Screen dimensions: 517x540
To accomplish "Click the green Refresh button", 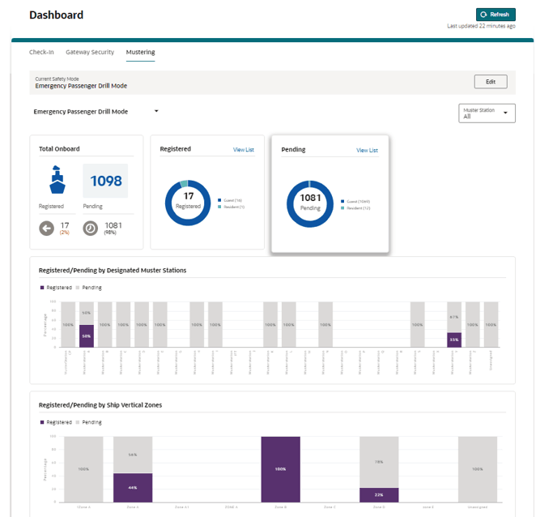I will pos(495,15).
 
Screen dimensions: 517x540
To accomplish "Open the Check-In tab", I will pos(41,52).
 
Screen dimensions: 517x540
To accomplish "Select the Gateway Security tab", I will pos(90,52).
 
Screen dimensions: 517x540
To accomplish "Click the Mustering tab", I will pos(140,52).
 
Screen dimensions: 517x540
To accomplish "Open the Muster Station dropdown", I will pos(487,113).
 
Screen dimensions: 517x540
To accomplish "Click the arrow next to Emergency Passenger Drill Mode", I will pos(156,111).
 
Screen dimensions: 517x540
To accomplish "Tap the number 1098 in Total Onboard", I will pos(105,181).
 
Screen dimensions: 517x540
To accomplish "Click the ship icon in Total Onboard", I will pos(57,180).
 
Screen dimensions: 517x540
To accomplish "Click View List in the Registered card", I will pos(243,150).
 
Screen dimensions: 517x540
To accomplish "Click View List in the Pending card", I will pos(367,150).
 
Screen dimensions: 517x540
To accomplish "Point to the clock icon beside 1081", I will pos(91,229).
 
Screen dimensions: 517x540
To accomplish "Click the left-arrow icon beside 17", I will pos(48,229).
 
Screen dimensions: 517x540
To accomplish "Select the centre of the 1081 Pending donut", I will pos(311,202).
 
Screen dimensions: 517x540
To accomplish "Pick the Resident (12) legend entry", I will pos(356,207).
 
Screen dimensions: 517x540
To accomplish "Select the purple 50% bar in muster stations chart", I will pos(86,336).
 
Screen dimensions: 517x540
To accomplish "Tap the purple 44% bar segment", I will pos(132,487).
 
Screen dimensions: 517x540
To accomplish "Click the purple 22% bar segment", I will pos(379,495).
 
